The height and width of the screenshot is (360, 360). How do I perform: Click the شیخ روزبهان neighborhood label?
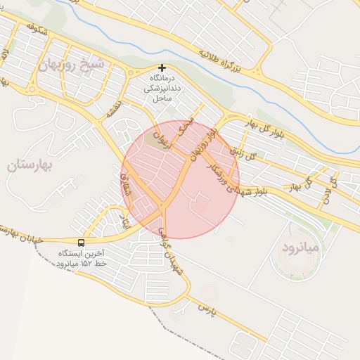72,65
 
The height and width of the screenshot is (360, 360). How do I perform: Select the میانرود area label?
300,248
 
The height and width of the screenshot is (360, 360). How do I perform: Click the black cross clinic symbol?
162,67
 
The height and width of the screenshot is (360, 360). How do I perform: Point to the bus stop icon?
82,243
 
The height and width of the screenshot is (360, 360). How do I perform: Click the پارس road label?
205,307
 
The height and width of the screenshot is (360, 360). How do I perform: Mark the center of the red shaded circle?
180,179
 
